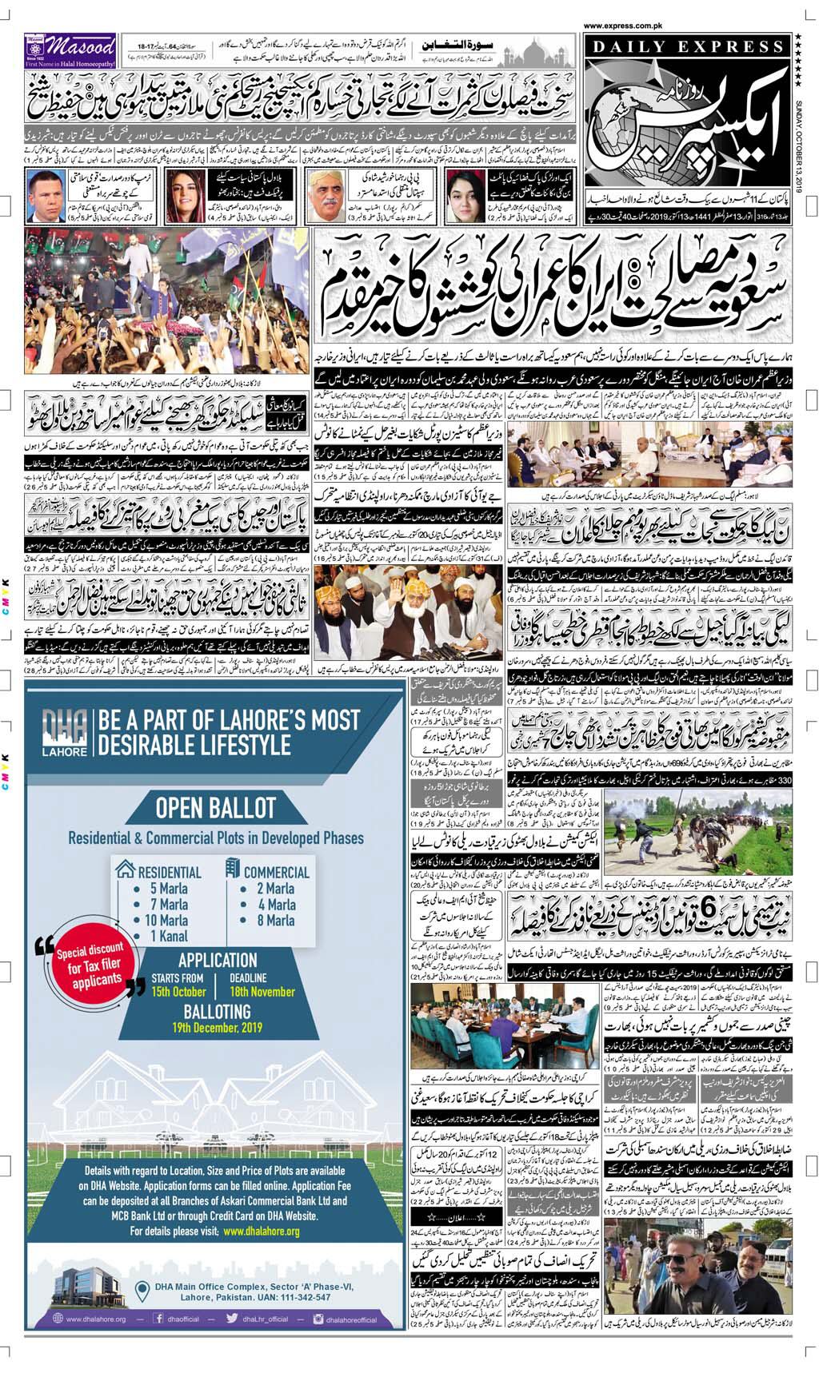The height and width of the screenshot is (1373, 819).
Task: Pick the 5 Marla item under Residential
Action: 169,888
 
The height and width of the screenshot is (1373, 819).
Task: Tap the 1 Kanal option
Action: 169,935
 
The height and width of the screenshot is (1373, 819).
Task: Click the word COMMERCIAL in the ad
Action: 276,871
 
